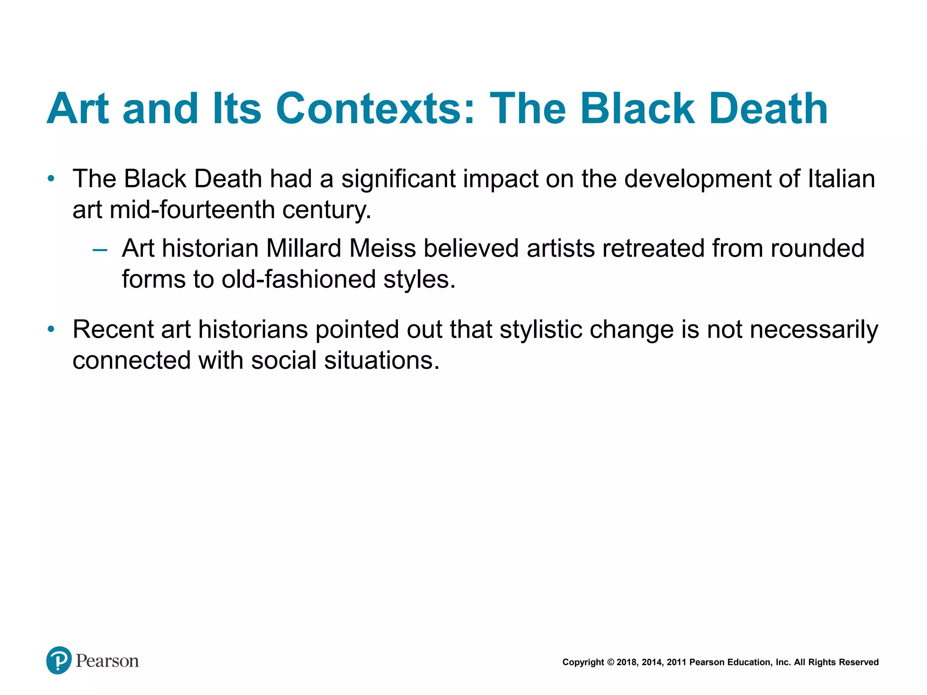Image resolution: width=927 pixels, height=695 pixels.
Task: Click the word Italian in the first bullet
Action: tap(841, 178)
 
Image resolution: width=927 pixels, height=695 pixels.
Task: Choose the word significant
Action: tap(398, 178)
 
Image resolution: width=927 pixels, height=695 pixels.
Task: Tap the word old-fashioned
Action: tap(299, 279)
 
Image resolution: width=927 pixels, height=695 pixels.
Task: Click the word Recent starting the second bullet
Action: tap(113, 329)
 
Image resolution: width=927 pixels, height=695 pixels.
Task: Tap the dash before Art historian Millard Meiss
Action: tap(100, 250)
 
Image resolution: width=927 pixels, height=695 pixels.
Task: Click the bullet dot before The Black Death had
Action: tap(51, 179)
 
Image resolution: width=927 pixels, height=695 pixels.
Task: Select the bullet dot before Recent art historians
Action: tap(51, 329)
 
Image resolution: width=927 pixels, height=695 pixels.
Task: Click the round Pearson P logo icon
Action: tap(59, 660)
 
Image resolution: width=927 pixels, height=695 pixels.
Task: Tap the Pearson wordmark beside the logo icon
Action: tap(107, 661)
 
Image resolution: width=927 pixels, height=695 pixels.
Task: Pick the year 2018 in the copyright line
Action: tap(626, 662)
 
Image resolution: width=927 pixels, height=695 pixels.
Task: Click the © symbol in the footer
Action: tap(610, 662)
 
